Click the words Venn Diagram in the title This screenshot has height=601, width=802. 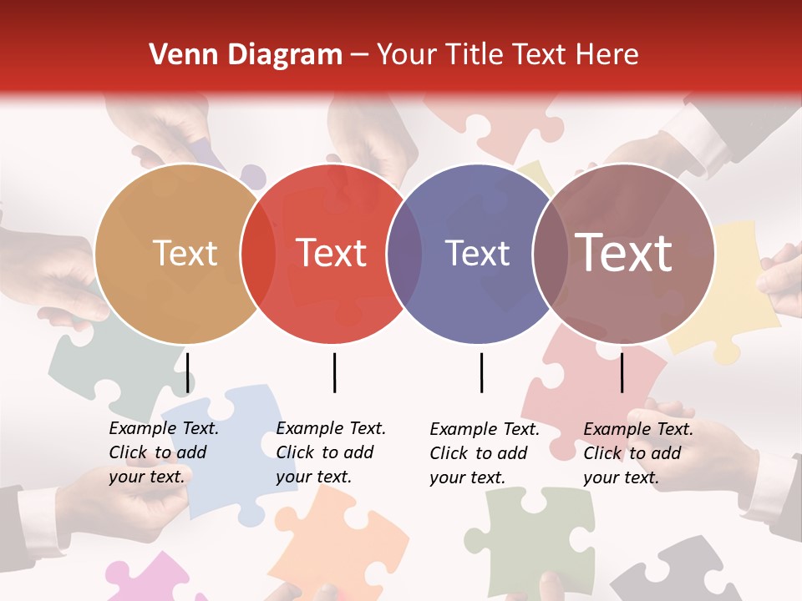[x=246, y=55]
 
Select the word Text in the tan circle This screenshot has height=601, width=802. [x=185, y=253]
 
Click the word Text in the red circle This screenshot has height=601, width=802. [x=332, y=253]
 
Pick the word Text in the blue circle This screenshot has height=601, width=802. [x=477, y=253]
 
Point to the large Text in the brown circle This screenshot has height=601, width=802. [x=624, y=253]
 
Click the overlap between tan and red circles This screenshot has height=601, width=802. [x=258, y=254]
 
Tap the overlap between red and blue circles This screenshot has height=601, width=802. [x=404, y=254]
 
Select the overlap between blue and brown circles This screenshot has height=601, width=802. [x=549, y=254]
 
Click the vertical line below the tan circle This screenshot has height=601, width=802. [x=187, y=372]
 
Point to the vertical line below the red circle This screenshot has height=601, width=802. [x=334, y=372]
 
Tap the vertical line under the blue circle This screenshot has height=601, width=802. [x=481, y=372]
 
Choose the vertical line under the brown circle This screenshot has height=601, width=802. [x=622, y=372]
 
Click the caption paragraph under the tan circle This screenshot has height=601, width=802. [x=164, y=452]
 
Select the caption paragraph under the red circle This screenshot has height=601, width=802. [x=331, y=452]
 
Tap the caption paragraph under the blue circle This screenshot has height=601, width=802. [x=485, y=453]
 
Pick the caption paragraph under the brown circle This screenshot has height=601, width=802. [x=638, y=453]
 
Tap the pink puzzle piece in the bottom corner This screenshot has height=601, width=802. [x=150, y=580]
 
